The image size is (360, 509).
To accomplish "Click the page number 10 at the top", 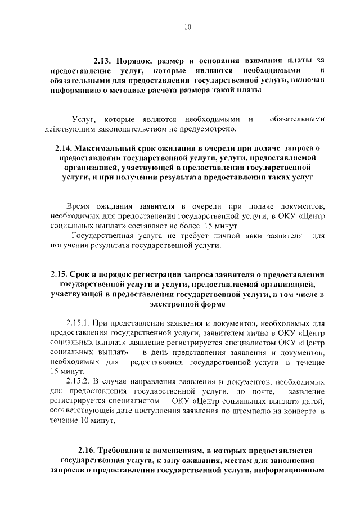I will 187,26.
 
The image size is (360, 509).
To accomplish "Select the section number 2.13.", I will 105,60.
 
